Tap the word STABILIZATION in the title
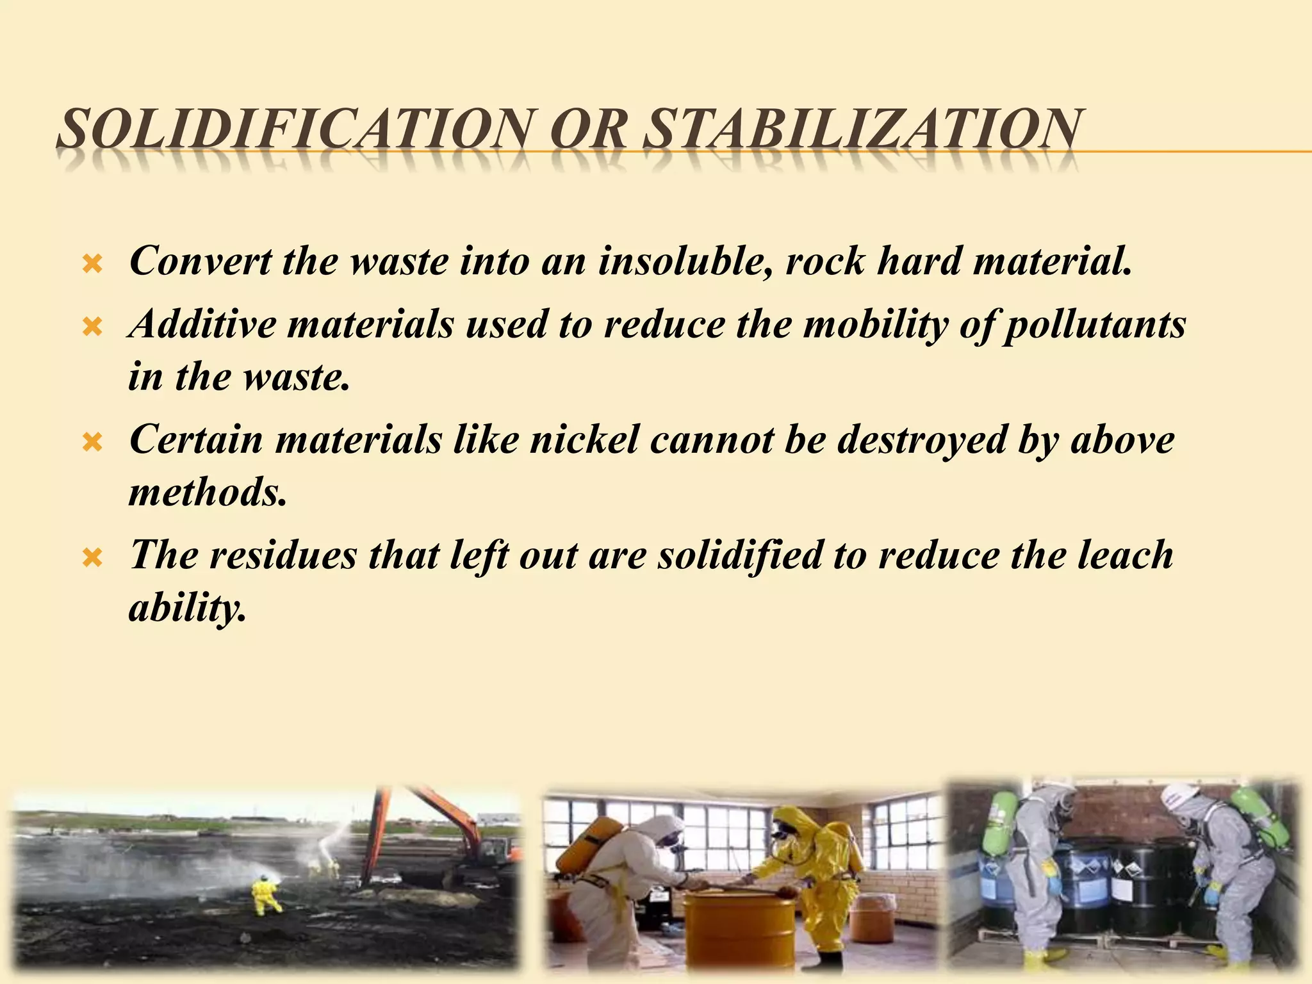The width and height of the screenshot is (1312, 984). click(x=861, y=130)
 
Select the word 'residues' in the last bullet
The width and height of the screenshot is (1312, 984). click(x=282, y=555)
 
